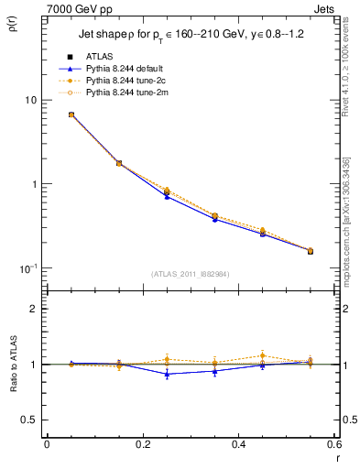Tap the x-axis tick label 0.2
click(x=142, y=446)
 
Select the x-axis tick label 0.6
click(x=333, y=446)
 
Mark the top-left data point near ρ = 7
click(x=71, y=115)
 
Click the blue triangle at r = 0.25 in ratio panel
click(x=167, y=374)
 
